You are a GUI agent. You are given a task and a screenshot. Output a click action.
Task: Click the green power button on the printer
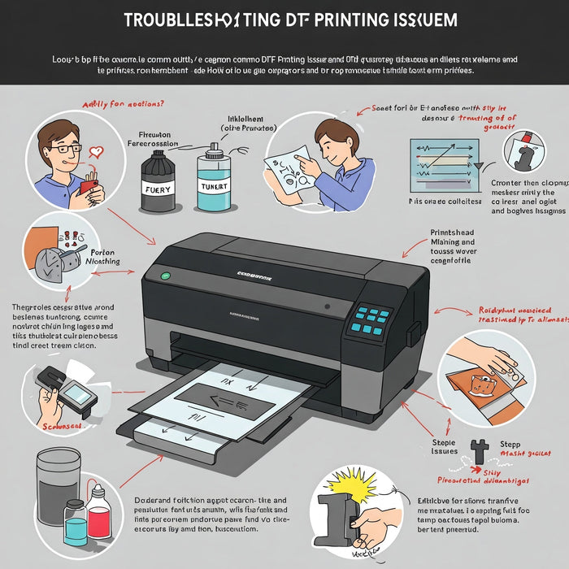(165, 276)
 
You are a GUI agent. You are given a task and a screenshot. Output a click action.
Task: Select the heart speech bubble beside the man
(97, 152)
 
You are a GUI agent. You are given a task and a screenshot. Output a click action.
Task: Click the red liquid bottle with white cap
(99, 511)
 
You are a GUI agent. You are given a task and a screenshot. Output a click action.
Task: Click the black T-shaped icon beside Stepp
(477, 446)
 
